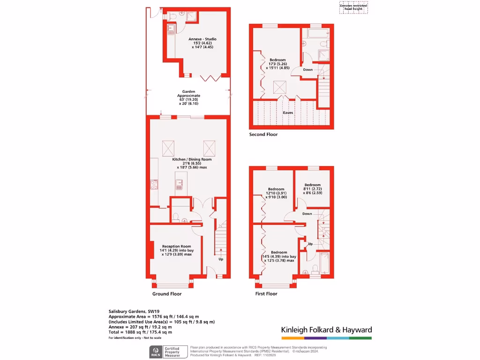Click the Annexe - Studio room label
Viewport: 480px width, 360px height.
(202, 43)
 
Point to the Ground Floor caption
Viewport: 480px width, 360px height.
(166, 294)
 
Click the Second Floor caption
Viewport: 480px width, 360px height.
(263, 135)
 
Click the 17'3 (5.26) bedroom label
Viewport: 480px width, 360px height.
(277, 64)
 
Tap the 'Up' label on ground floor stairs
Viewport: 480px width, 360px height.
(220, 259)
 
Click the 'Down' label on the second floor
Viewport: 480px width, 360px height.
(307, 70)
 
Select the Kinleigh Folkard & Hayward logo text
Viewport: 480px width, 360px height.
(326, 330)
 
